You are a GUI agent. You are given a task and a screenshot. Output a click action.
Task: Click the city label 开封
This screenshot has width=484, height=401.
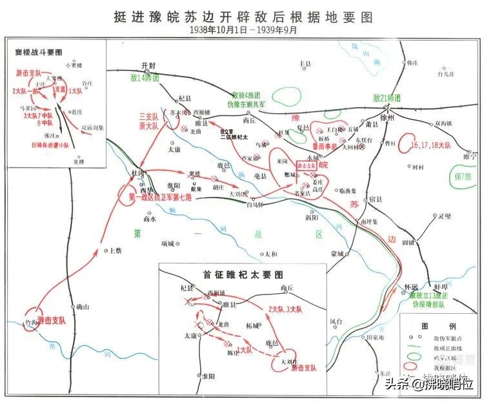(x=150, y=65)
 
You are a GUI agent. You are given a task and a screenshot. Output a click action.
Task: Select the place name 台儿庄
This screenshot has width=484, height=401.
(x=447, y=74)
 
